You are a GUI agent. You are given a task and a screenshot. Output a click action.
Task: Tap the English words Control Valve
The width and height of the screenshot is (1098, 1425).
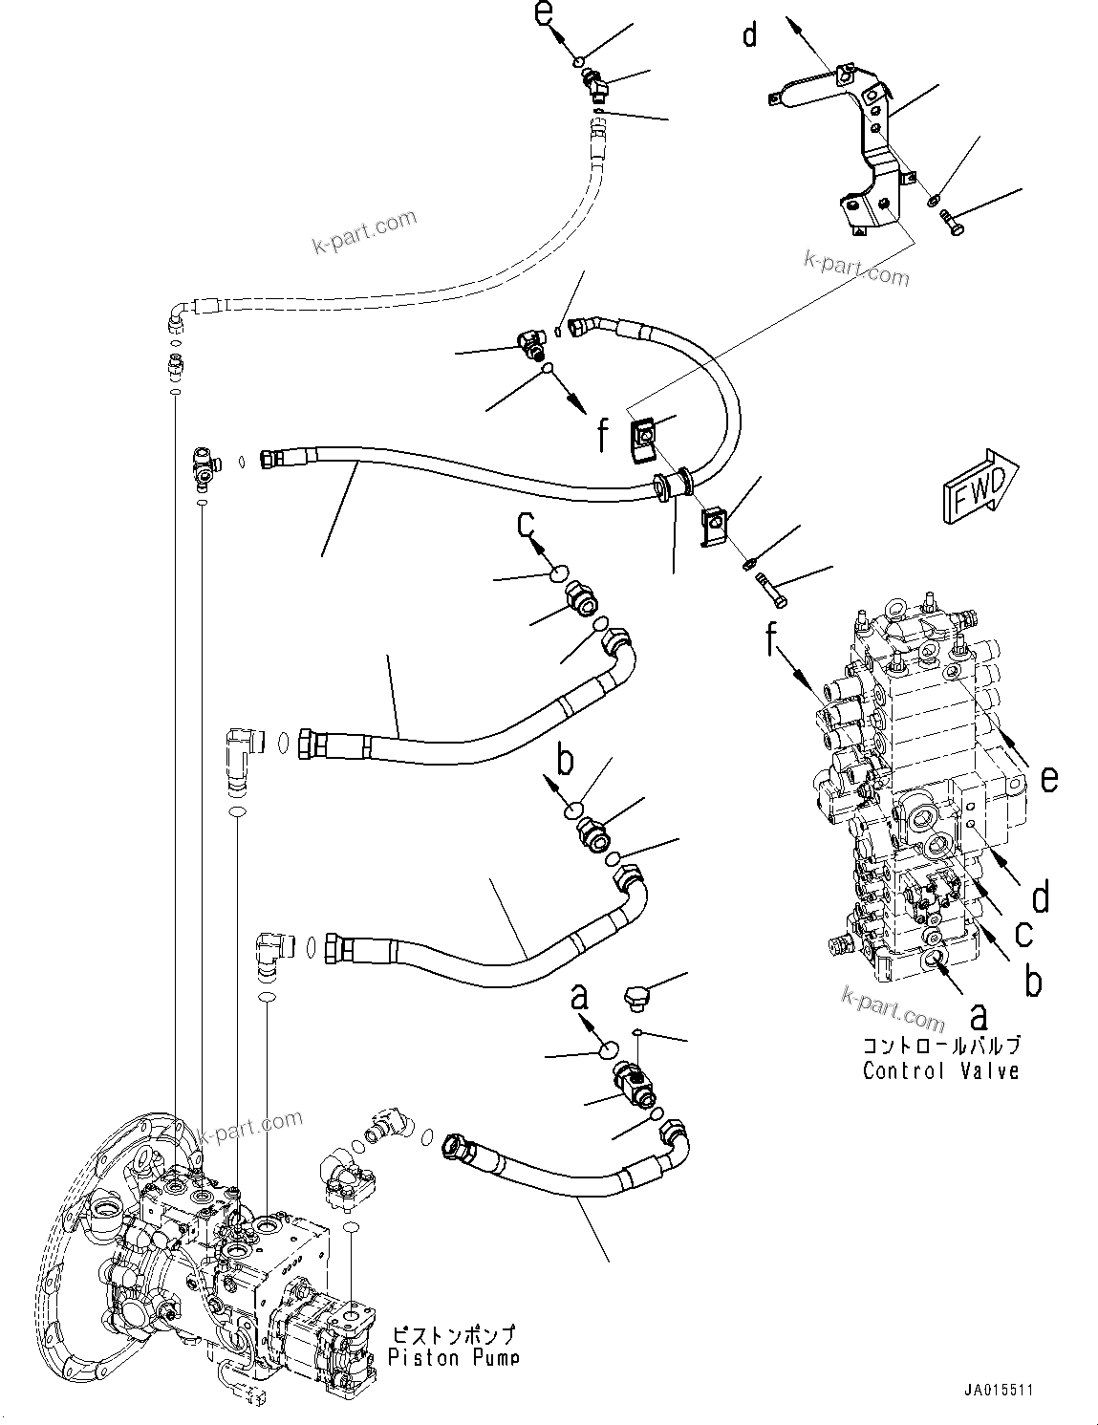[x=940, y=1070]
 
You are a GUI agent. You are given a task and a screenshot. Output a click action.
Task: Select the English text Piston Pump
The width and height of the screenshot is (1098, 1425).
[x=454, y=1357]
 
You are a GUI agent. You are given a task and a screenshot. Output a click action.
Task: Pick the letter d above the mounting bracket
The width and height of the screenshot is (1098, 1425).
[x=750, y=35]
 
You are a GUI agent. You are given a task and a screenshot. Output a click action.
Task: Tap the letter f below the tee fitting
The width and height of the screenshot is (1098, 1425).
[x=602, y=436]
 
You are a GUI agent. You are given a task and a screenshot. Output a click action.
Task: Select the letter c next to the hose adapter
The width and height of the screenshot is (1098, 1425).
[x=526, y=524]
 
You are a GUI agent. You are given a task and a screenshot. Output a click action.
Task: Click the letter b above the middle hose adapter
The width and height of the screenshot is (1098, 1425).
[x=565, y=763]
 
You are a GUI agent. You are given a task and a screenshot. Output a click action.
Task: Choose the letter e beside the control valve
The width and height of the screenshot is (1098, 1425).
[x=1048, y=780]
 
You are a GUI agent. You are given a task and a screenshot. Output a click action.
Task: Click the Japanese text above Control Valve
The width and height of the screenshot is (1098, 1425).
[x=940, y=1045]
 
